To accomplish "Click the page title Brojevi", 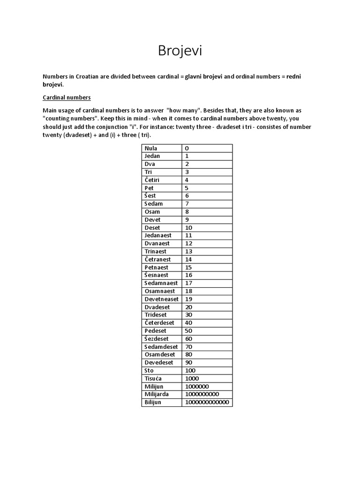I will pyautogui.click(x=180, y=51).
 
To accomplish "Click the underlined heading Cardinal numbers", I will pyautogui.click(x=67, y=97).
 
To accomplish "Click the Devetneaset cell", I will pyautogui.click(x=162, y=299).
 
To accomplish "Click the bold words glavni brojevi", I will pyautogui.click(x=204, y=76).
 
